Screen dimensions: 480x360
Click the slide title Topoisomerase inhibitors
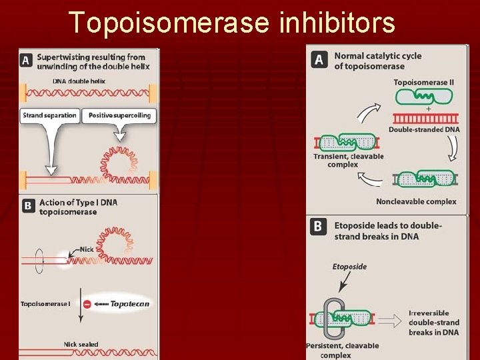(232, 22)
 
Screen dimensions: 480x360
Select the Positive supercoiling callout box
(119, 115)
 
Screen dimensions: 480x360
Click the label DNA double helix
(79, 81)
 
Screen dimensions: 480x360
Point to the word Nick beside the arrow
(87, 249)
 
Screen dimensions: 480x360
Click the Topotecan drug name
(130, 304)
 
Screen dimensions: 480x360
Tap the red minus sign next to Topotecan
(87, 304)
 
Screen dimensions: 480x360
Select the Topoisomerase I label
(45, 304)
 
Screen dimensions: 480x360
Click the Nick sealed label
(81, 344)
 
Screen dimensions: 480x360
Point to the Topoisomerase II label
(423, 83)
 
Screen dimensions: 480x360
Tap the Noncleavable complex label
(417, 201)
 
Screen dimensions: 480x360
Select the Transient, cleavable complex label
(349, 161)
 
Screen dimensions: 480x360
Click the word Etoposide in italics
(349, 267)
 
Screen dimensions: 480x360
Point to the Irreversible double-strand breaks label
(433, 322)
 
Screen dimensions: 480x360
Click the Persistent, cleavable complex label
(343, 350)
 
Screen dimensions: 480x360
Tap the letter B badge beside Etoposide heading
(319, 227)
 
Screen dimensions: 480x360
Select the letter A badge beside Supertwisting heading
(26, 61)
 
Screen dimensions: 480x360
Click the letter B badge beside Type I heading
(28, 206)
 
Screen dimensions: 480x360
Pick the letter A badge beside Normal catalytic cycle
(319, 60)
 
